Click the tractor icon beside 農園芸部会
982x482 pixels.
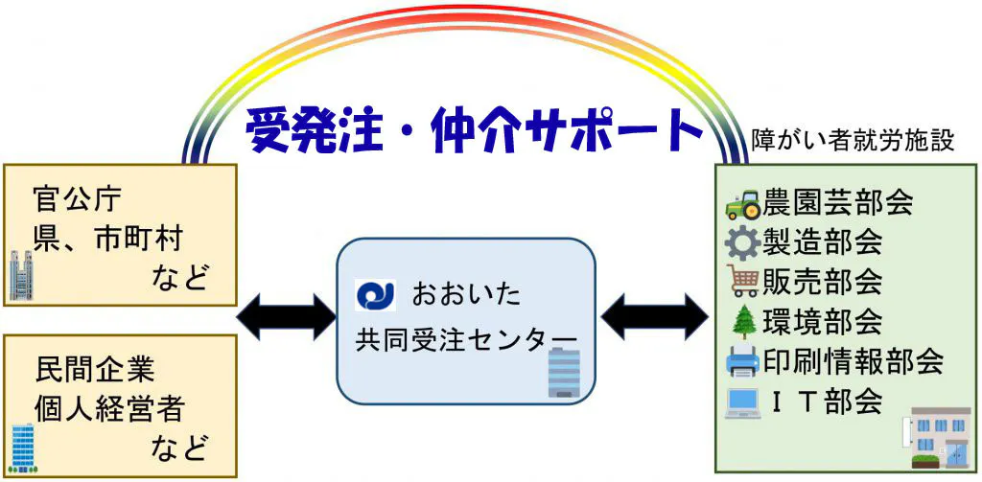743,204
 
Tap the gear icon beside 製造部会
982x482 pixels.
743,241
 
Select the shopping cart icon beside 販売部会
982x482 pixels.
743,281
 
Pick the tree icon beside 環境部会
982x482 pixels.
744,320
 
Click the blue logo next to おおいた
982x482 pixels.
375,294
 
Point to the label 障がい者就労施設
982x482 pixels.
853,141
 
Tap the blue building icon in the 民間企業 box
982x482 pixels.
22,447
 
